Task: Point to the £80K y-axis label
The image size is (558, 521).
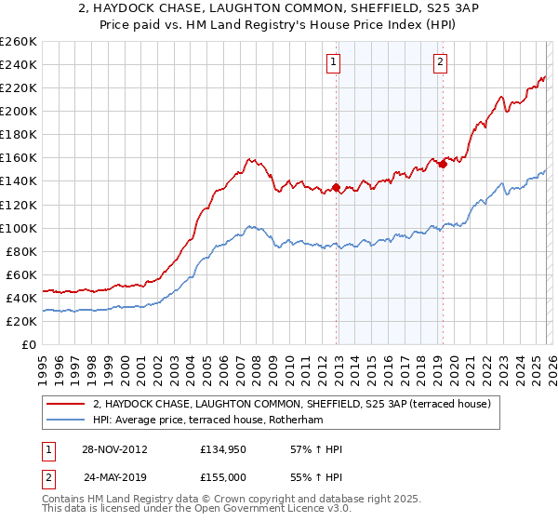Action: [21, 251]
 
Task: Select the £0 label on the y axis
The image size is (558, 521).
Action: [30, 344]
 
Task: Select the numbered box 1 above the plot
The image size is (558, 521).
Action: [333, 62]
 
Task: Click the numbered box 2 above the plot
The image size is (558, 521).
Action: [439, 62]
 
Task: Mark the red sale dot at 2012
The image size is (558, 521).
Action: [336, 188]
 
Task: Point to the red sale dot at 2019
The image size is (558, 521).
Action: [443, 162]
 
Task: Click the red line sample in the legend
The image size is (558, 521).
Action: [65, 405]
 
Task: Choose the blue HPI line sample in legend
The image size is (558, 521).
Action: [65, 421]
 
